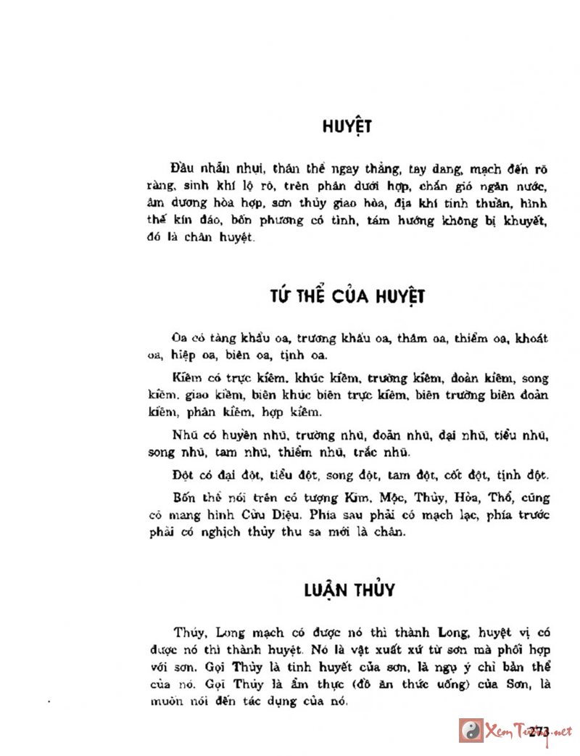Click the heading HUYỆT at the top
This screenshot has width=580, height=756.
[347, 126]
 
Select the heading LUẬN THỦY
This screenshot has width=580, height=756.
[349, 589]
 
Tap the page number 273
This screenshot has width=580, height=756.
[539, 730]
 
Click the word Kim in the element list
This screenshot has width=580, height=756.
[368, 498]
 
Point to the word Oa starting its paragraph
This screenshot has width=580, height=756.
[180, 338]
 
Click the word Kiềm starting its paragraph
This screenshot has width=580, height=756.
[186, 379]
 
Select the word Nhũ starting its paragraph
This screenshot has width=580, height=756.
[186, 436]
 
